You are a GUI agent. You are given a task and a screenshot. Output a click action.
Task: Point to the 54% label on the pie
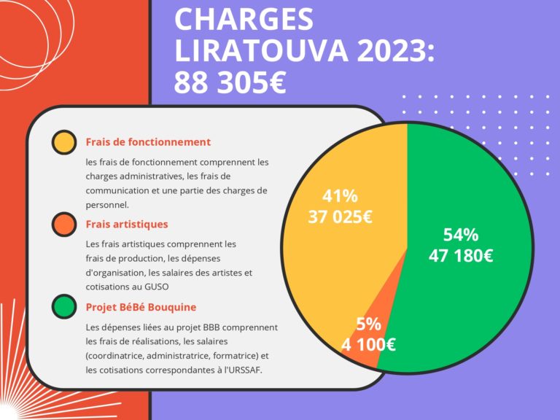click(x=461, y=235)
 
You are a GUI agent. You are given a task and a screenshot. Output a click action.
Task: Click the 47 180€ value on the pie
click(x=461, y=256)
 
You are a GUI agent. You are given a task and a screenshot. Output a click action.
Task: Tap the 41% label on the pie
click(x=340, y=196)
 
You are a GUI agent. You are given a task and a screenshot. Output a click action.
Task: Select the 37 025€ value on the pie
click(x=340, y=217)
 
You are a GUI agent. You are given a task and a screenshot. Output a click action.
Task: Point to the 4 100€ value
click(x=368, y=344)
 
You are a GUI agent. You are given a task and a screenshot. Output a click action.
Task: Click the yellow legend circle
click(x=64, y=142)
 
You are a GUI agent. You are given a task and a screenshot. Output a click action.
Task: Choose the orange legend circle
click(x=64, y=225)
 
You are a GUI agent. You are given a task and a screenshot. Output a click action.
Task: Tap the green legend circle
click(x=64, y=307)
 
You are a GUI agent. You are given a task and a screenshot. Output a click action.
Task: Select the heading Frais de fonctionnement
click(x=148, y=142)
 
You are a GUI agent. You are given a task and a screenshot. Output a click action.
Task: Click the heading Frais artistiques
click(x=127, y=225)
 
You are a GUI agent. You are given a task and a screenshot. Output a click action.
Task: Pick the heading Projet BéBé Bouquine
click(x=141, y=307)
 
